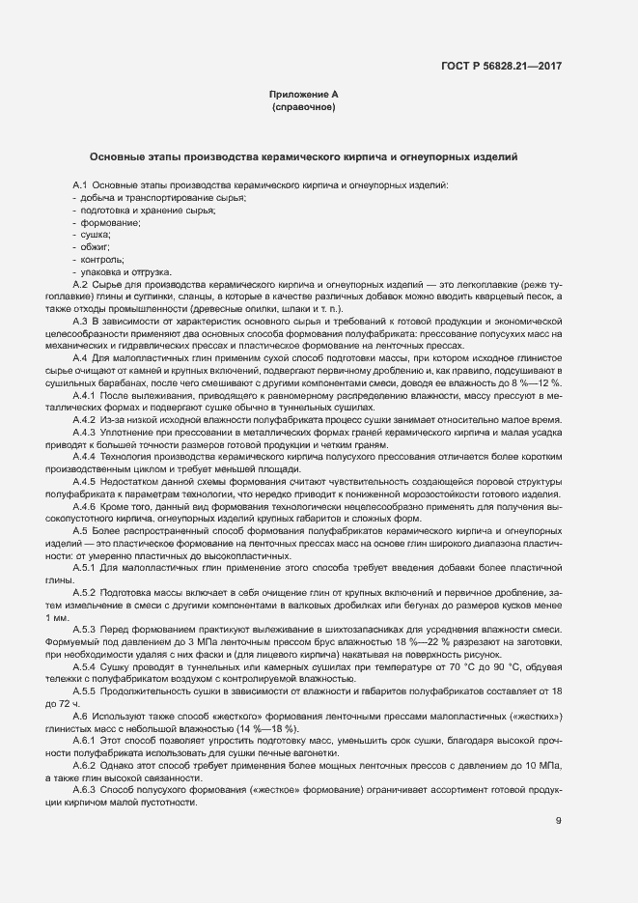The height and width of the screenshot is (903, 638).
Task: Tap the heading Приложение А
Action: pos(304,95)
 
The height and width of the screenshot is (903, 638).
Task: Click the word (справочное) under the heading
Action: pos(304,107)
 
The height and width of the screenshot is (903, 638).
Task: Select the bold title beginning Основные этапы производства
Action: pos(304,155)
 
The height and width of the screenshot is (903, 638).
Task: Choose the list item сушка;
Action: pos(95,235)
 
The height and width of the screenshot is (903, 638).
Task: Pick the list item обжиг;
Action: pos(96,247)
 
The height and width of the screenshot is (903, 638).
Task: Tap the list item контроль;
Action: pos(100,260)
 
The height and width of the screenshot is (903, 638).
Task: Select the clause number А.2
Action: pos(81,284)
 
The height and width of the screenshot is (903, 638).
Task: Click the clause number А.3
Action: pos(81,321)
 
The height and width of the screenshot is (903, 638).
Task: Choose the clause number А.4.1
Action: pos(85,396)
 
